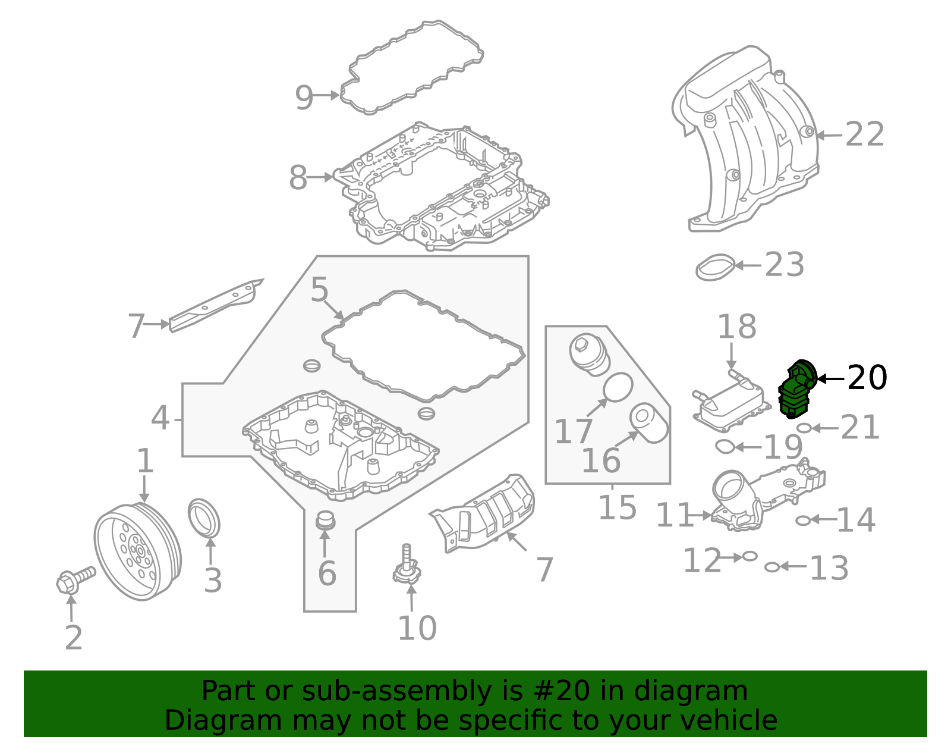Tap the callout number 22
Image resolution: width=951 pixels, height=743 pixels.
865,134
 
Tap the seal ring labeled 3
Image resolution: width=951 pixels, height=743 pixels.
204,518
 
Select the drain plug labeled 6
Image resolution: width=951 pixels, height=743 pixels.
325,520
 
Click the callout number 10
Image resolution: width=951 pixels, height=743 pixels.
417,628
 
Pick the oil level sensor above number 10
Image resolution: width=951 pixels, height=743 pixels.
407,568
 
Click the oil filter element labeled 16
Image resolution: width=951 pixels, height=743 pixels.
648,422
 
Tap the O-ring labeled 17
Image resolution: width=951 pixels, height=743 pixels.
618,388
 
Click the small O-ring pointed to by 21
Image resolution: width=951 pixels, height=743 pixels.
803,428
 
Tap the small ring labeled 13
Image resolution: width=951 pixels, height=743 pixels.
771,567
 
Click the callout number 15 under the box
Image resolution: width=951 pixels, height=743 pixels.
617,507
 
